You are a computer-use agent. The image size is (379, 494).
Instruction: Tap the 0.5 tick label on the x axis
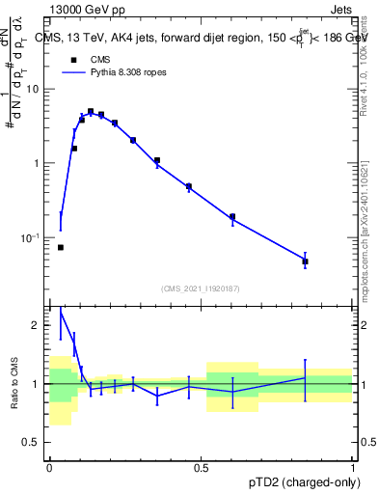point(201,468)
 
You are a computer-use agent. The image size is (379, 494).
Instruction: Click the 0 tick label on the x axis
point(49,468)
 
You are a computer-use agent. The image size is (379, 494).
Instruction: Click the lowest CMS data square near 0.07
point(61,247)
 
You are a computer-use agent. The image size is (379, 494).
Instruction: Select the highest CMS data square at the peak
point(91,112)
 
